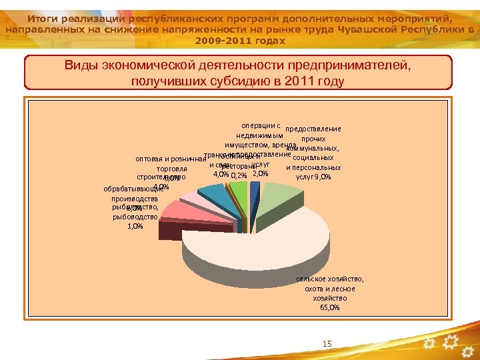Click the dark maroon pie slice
(170, 230)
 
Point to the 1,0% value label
(134, 226)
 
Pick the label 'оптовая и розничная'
(169, 159)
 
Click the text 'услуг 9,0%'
(313, 177)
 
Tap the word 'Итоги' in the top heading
(45, 18)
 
